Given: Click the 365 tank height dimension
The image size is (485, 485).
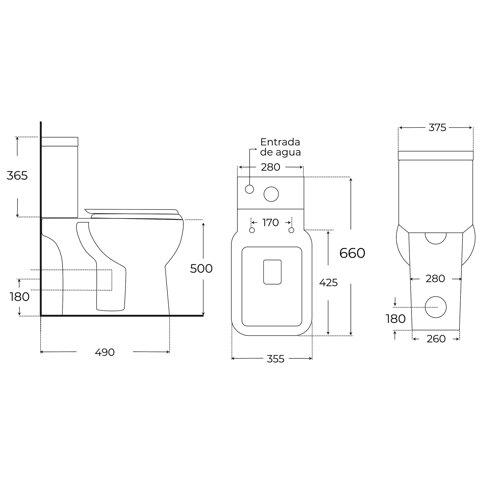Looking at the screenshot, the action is [x=17, y=175].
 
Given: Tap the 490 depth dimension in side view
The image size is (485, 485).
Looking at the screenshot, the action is [x=105, y=352].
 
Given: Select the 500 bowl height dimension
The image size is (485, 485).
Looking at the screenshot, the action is [x=201, y=269].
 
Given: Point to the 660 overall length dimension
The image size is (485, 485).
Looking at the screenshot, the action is [x=352, y=253].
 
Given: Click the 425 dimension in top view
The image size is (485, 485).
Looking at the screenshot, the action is [x=328, y=283].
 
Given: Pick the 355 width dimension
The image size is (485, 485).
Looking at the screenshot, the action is [x=275, y=359].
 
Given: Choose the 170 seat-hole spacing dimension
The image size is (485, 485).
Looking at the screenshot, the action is [x=271, y=222].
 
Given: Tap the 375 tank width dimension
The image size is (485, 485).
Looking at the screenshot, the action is [x=437, y=128].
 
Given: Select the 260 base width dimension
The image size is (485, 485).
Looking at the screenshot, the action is [x=436, y=339].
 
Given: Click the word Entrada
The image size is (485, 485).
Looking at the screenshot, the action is [x=280, y=142].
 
